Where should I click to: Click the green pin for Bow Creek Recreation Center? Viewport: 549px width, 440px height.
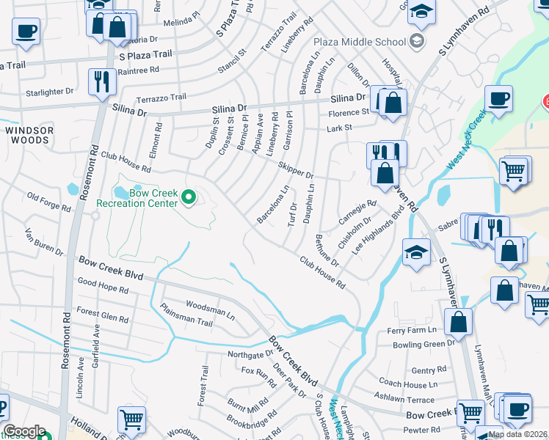[x=189, y=197]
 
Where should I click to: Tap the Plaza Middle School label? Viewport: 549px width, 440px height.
[x=360, y=41]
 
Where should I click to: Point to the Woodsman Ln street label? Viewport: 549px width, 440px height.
[x=210, y=309]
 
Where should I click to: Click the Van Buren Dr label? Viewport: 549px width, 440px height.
[x=44, y=241]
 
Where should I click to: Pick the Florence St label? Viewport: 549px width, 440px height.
[x=348, y=113]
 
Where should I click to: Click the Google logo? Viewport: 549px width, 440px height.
[x=23, y=431]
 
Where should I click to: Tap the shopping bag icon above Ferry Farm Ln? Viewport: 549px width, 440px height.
[x=458, y=320]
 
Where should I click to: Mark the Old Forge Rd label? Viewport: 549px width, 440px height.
[x=48, y=201]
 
